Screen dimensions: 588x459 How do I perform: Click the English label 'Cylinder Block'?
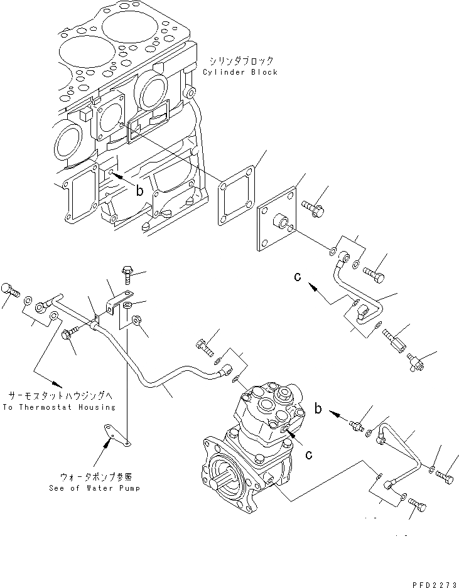coord(240,72)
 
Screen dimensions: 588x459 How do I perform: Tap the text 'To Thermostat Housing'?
coord(60,407)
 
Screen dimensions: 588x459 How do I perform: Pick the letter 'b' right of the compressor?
coord(319,410)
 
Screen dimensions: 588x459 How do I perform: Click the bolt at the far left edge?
coord(8,290)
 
